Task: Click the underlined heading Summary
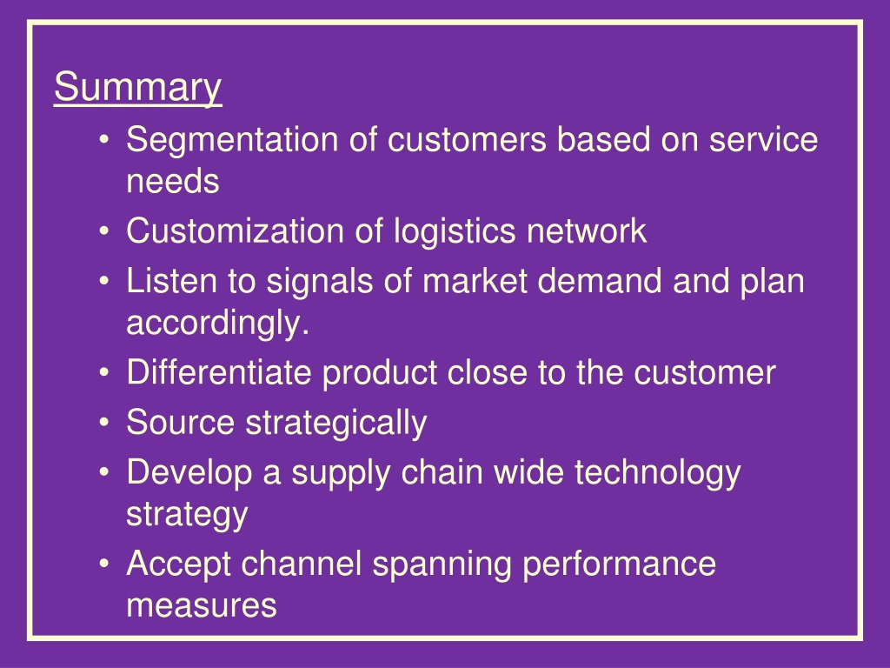pyautogui.click(x=137, y=89)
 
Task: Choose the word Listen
pyautogui.click(x=163, y=282)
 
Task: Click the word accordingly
pyautogui.click(x=217, y=324)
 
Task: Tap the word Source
pyautogui.click(x=180, y=423)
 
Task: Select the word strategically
pyautogui.click(x=335, y=424)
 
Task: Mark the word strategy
pyautogui.click(x=186, y=514)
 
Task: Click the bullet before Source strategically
pyautogui.click(x=104, y=424)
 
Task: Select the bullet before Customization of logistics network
pyautogui.click(x=104, y=232)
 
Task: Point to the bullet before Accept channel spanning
pyautogui.click(x=104, y=565)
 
